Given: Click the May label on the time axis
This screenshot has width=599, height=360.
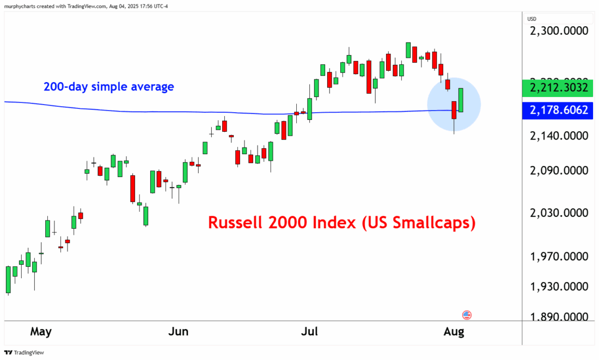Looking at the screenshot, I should [41, 332].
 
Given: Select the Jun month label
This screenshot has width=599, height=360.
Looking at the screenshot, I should [179, 332].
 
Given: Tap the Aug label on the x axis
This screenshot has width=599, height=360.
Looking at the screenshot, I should [454, 332].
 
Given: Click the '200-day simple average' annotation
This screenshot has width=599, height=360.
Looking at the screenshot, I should [109, 87].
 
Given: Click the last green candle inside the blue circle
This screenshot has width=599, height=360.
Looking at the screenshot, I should [461, 100].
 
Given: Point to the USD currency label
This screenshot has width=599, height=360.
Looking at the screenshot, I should [533, 19].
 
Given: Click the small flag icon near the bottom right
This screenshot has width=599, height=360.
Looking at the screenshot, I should [467, 315].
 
